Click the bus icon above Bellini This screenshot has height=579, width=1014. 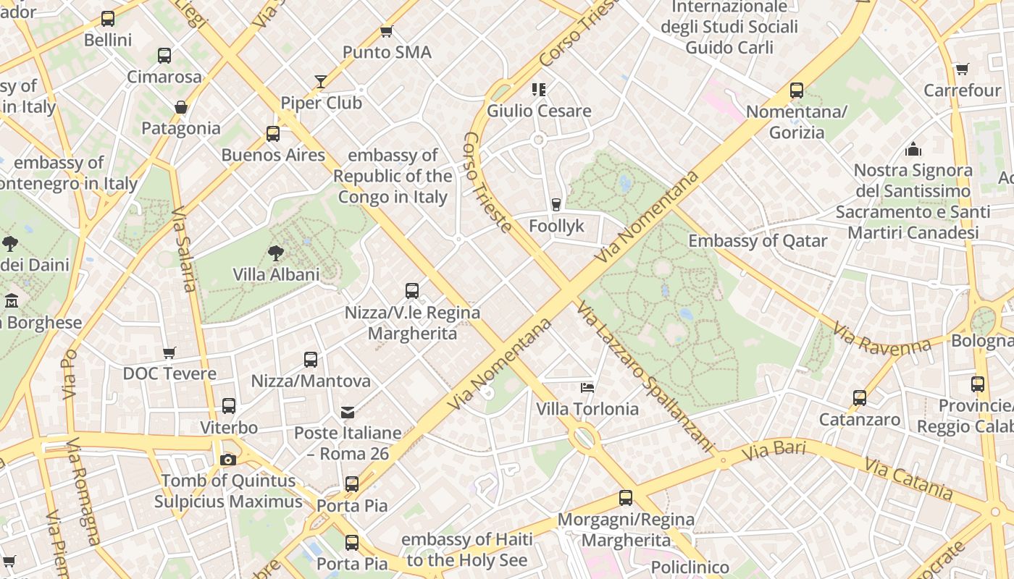pyautogui.click(x=108, y=19)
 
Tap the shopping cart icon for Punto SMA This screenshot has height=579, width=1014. pyautogui.click(x=387, y=31)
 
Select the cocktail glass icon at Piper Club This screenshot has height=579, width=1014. pyautogui.click(x=321, y=81)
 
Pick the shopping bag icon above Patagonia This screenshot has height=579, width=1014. pyautogui.click(x=181, y=107)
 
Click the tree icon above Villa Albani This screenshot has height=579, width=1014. pyautogui.click(x=275, y=253)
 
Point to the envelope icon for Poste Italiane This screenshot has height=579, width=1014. pyautogui.click(x=348, y=412)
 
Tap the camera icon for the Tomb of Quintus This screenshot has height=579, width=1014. pyautogui.click(x=228, y=460)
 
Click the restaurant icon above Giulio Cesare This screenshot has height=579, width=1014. pyautogui.click(x=538, y=90)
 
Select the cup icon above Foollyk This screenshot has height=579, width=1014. pyautogui.click(x=556, y=205)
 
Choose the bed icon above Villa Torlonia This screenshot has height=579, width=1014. pyautogui.click(x=587, y=388)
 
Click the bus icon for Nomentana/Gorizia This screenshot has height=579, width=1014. pyautogui.click(x=797, y=90)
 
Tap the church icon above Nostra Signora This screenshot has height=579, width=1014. pyautogui.click(x=913, y=149)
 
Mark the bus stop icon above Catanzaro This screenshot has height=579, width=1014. pyautogui.click(x=860, y=397)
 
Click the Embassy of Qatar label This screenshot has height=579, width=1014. pyautogui.click(x=758, y=241)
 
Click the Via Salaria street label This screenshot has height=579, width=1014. pyautogui.click(x=185, y=250)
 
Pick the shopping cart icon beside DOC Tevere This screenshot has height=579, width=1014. pyautogui.click(x=169, y=352)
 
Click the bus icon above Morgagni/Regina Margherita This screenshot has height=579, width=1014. pyautogui.click(x=626, y=498)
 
